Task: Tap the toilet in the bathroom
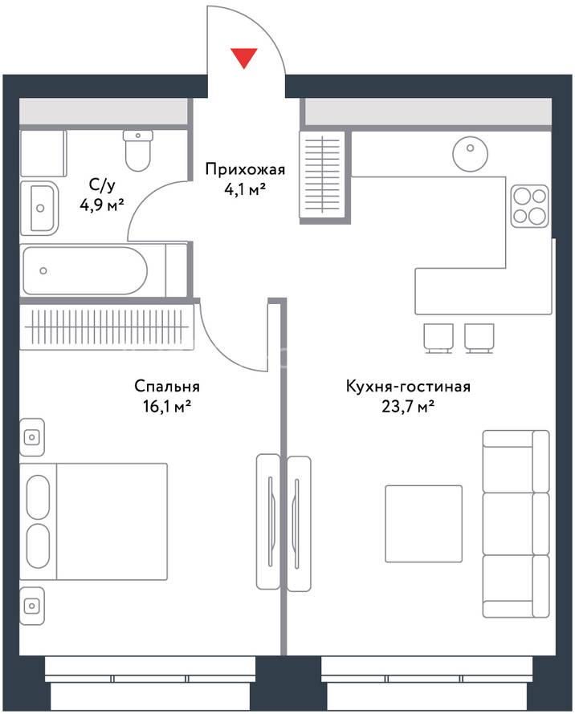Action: point(137,150)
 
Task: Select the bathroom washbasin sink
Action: point(39,208)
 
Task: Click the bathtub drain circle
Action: point(43,271)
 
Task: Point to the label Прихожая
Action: point(245,169)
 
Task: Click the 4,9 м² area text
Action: point(102,205)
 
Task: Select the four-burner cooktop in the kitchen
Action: point(529,206)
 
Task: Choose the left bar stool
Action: point(438,339)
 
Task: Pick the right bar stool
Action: point(479,339)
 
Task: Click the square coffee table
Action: point(423,524)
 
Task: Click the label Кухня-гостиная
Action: point(408,387)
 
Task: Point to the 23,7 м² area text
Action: point(408,406)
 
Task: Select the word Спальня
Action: point(167,387)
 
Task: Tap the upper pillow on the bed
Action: point(38,497)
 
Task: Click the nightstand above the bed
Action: point(32,437)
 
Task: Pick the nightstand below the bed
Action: point(32,606)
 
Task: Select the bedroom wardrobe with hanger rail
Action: point(106,327)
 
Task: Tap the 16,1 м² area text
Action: point(167,406)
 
